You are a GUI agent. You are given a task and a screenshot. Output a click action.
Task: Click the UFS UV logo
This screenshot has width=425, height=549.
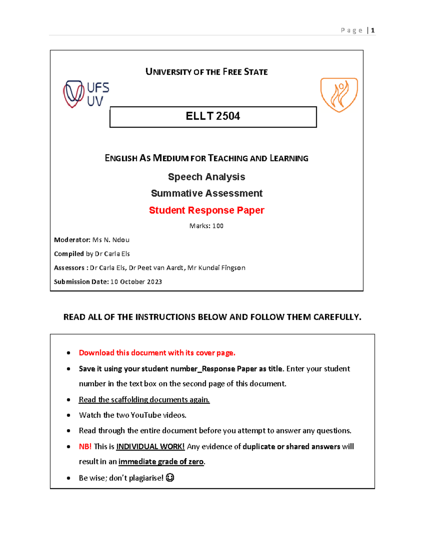tap(86, 94)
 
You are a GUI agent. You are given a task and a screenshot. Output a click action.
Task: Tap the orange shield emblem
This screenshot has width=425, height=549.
tap(339, 95)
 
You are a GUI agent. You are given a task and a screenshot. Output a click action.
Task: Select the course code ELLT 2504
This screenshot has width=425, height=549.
tap(213, 116)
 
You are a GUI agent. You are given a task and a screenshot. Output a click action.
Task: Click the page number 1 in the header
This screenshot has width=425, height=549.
tap(373, 30)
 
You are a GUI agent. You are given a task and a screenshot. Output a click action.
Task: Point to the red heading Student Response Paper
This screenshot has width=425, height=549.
tap(206, 210)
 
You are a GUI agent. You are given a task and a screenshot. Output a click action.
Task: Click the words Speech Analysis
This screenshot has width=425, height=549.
tap(206, 177)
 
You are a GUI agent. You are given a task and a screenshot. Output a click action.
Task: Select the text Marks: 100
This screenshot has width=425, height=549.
tap(206, 226)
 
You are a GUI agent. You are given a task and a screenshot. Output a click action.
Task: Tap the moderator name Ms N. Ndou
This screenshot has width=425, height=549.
tap(111, 240)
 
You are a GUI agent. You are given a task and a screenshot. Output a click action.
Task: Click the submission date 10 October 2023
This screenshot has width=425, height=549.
tap(136, 282)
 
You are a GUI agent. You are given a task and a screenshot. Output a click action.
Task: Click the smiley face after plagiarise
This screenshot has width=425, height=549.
tap(170, 478)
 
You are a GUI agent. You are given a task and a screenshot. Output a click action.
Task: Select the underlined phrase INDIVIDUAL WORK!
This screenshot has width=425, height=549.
tap(151, 446)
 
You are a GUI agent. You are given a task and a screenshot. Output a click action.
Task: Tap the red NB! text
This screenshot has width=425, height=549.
tap(85, 446)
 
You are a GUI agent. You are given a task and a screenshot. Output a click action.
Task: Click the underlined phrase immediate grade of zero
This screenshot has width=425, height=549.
tap(161, 462)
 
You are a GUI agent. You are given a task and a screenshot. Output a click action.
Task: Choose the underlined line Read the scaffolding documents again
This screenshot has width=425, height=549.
tap(144, 399)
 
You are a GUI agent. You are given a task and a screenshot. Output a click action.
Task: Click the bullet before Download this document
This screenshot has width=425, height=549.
tap(69, 353)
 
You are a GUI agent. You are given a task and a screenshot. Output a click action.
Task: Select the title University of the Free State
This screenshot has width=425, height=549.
tap(206, 72)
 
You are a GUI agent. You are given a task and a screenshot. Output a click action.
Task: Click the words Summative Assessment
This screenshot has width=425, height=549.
tap(206, 193)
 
